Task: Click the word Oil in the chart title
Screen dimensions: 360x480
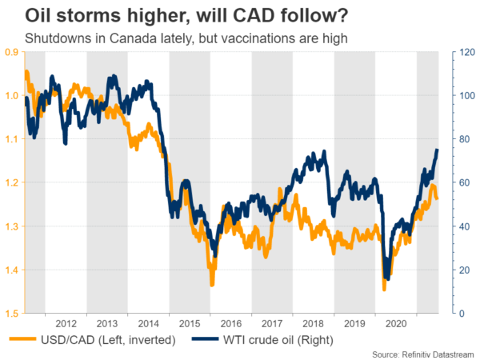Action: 24,15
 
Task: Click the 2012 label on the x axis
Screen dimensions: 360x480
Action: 66,325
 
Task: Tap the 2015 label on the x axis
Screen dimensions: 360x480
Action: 190,325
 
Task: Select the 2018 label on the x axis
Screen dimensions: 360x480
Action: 313,325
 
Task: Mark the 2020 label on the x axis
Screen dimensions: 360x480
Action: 395,325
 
